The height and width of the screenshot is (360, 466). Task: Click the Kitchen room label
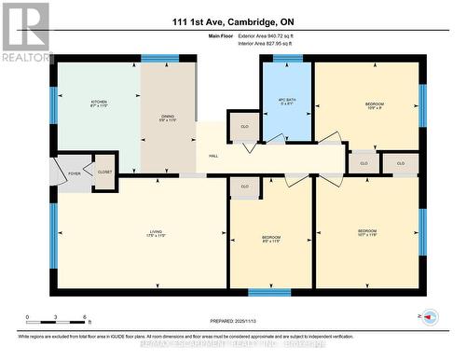(x=99, y=104)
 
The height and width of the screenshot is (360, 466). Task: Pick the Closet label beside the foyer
(x=104, y=172)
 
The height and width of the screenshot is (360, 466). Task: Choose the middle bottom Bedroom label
(x=271, y=240)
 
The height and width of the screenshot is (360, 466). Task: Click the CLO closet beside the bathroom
(x=244, y=126)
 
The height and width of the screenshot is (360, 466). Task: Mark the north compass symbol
(x=430, y=317)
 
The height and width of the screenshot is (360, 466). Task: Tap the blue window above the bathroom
(x=287, y=59)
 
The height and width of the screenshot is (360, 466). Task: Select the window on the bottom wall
(x=269, y=292)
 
